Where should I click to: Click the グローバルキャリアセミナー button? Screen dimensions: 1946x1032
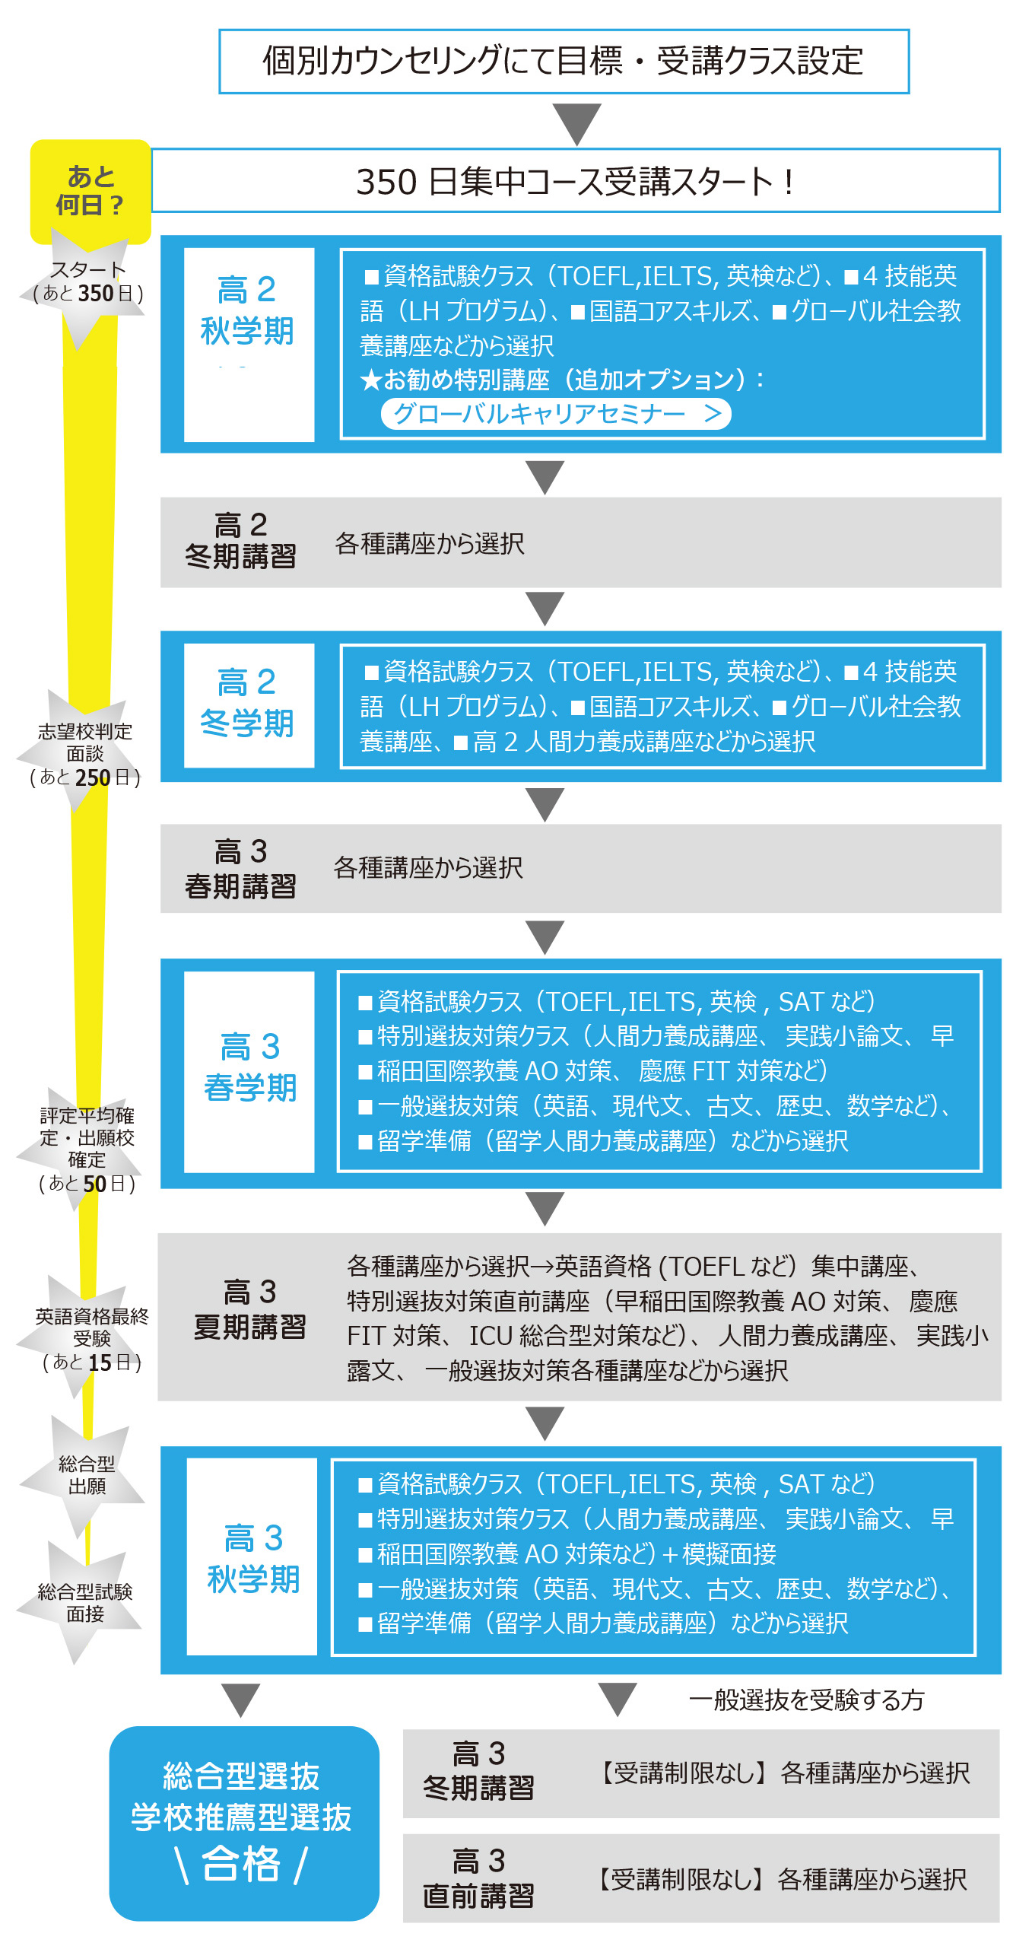[x=555, y=414]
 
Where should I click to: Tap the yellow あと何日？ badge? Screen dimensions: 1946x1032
[x=90, y=192]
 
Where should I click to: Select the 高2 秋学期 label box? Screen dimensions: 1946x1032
[x=249, y=344]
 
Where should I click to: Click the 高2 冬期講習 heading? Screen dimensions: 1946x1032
[x=240, y=541]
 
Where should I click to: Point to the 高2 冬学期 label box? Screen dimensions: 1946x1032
[x=249, y=704]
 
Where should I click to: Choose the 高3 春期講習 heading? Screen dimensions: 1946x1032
[x=240, y=868]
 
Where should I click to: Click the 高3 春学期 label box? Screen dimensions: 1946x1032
[x=249, y=1070]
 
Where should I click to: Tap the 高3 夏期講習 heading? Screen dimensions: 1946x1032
[x=249, y=1309]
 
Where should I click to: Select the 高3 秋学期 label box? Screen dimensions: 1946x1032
[x=252, y=1556]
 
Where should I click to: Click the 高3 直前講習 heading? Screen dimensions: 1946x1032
[x=478, y=1878]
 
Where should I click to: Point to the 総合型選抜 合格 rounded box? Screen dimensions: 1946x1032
[x=243, y=1823]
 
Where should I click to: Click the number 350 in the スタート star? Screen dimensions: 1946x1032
[x=96, y=294]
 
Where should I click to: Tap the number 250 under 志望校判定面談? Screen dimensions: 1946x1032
[x=93, y=777]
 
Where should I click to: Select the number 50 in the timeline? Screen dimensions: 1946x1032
[x=94, y=1184]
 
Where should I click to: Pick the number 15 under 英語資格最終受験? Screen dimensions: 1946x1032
[x=100, y=1363]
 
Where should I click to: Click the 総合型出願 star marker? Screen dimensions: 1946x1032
[x=86, y=1474]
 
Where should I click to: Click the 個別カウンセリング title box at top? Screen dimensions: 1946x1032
[x=564, y=62]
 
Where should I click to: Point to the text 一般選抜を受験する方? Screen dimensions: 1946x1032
[x=806, y=1700]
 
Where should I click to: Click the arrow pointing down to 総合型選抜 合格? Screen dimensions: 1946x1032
[x=241, y=1700]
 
